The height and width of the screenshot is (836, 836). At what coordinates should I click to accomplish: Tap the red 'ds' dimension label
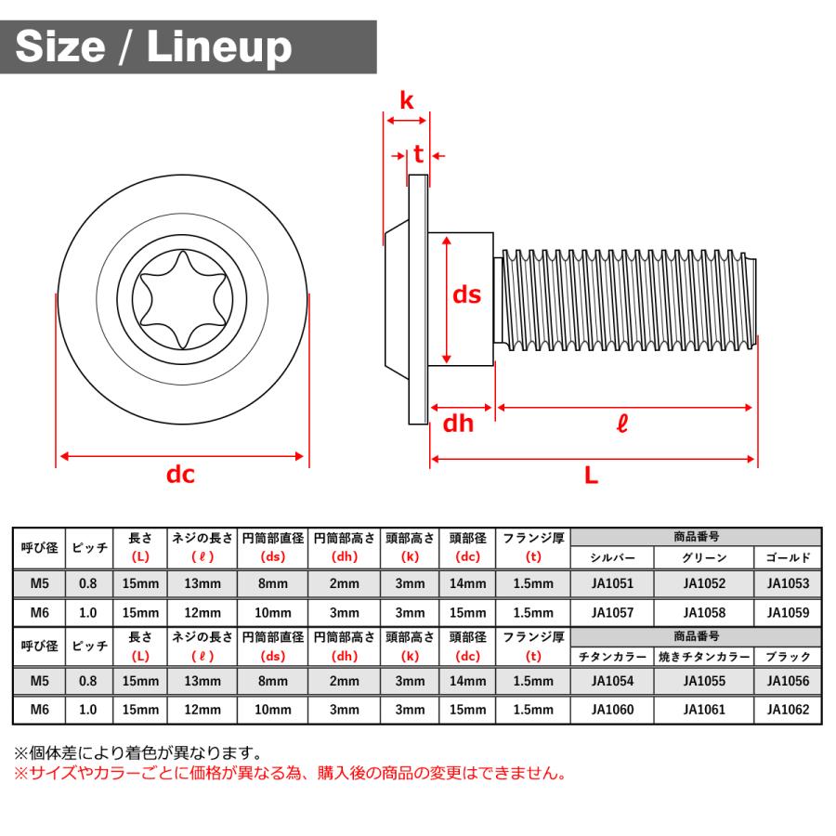466,294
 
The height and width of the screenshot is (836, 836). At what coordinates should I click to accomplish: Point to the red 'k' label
407,100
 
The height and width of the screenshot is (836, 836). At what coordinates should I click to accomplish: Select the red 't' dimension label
419,154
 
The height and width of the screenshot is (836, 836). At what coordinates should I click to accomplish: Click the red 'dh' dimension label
458,424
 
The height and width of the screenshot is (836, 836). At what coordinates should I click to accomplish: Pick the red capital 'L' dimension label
591,476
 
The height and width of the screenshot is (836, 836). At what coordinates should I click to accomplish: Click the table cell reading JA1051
612,583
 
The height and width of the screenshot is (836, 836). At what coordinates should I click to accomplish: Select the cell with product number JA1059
788,613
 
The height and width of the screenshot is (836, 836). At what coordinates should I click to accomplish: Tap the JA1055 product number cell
704,681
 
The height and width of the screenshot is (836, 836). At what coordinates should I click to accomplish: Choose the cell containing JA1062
788,710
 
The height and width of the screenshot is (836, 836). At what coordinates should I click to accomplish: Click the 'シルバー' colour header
612,557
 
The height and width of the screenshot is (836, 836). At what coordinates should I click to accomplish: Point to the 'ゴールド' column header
788,557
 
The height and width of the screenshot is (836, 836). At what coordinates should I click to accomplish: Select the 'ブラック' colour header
788,656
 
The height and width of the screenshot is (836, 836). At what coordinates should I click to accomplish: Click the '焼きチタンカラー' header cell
704,656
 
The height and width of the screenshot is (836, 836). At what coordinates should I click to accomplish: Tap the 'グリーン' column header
704,557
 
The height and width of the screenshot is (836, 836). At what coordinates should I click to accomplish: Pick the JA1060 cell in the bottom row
612,710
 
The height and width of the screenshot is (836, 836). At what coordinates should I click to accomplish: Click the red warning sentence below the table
288,773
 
